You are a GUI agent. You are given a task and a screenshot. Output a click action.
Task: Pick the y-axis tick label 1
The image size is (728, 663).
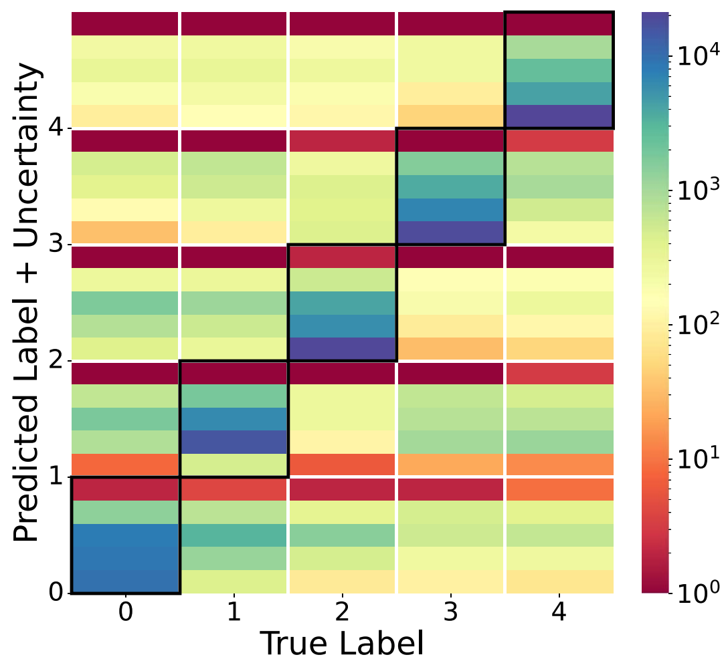(x=57, y=477)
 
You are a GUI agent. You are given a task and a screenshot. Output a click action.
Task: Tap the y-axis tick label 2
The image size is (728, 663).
(x=57, y=360)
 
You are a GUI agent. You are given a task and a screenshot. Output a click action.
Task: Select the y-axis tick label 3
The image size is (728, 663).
(x=57, y=244)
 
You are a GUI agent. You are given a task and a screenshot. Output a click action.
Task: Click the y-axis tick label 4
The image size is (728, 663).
(x=57, y=128)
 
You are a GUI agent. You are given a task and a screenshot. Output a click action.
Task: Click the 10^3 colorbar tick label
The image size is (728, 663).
(x=694, y=190)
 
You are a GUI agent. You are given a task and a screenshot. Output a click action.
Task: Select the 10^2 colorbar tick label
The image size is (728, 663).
(x=694, y=325)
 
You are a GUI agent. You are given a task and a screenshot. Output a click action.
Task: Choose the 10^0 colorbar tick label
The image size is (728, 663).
(x=694, y=591)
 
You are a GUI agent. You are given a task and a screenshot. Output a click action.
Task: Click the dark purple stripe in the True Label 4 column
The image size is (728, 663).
(x=559, y=116)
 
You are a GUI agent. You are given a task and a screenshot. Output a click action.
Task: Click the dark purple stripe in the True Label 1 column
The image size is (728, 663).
(x=234, y=442)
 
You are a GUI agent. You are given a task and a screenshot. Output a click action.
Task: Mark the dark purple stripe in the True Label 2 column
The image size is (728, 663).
(x=342, y=349)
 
